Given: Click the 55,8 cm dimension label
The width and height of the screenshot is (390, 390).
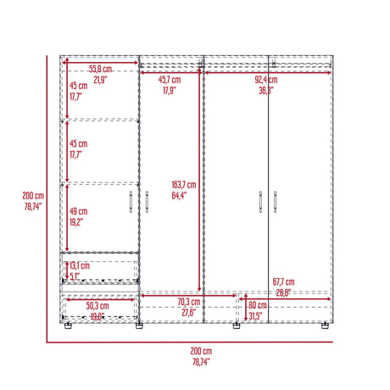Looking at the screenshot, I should click(x=100, y=69).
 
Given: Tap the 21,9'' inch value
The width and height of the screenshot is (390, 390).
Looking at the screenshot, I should click(x=100, y=80).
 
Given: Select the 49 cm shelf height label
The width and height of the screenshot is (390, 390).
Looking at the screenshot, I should click(x=79, y=212).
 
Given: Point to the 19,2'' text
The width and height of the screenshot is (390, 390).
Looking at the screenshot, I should click(x=79, y=222).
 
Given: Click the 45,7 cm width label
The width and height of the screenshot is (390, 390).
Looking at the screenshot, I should click(x=170, y=80).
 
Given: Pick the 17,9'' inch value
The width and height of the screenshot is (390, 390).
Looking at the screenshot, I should click(x=170, y=90).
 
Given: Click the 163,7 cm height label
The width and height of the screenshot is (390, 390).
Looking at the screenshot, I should click(x=183, y=185).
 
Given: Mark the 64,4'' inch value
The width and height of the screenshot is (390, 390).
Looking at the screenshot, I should click(x=180, y=196).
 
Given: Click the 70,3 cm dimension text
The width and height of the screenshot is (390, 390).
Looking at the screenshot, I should click(x=189, y=302).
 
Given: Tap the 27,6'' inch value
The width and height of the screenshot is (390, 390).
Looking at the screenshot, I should click(x=189, y=313).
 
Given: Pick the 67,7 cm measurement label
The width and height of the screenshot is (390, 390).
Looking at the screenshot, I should click(x=284, y=281).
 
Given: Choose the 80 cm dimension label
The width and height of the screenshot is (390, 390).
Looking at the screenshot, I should click(x=257, y=305).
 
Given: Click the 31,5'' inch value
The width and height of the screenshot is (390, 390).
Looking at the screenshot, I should click(x=255, y=316).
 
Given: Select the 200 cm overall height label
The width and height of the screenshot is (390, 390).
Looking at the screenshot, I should click(x=33, y=195).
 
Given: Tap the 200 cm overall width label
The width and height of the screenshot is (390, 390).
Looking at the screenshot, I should click(x=201, y=351).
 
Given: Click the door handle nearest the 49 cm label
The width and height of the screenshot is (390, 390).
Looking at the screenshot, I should click(x=129, y=203).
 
